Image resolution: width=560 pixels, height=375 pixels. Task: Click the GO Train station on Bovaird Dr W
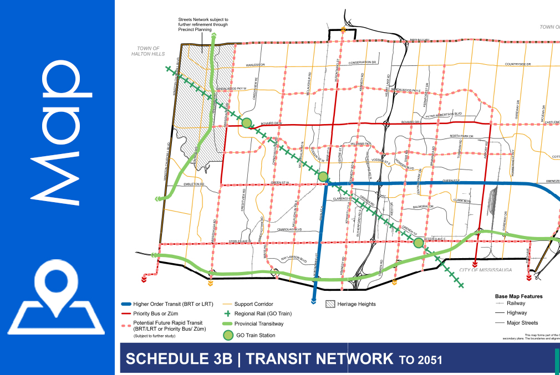point(247,123)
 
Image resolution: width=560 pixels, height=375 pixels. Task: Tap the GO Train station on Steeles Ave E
point(419,243)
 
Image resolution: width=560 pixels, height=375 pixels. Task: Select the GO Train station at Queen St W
point(323,177)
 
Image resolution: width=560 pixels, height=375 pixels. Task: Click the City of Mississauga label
point(485,270)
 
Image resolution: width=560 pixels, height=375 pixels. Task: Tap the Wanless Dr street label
point(256,65)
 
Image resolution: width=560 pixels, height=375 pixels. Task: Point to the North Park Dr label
point(461,136)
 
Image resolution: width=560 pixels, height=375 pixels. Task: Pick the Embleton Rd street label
point(195,183)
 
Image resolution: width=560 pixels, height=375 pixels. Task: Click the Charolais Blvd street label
point(289,229)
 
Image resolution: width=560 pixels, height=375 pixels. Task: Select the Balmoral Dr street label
point(422,207)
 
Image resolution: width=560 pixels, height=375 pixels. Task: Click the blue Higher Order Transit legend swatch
point(126,304)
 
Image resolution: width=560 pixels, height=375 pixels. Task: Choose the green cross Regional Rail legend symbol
point(227,314)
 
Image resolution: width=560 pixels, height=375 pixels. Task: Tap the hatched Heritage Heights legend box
point(330,304)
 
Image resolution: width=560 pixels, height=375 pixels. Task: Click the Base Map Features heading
point(518,296)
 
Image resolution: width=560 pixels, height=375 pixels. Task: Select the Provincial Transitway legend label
point(259,323)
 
